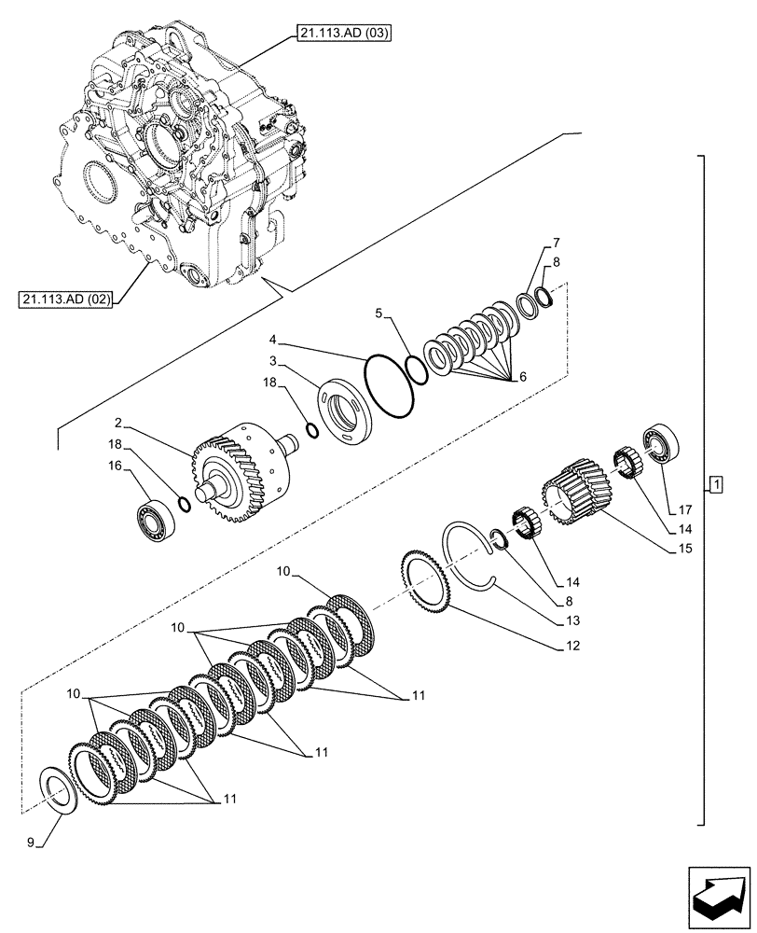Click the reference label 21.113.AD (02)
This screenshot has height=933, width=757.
(62, 299)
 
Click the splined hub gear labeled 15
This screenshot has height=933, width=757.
(576, 491)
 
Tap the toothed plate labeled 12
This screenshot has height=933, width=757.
(427, 583)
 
